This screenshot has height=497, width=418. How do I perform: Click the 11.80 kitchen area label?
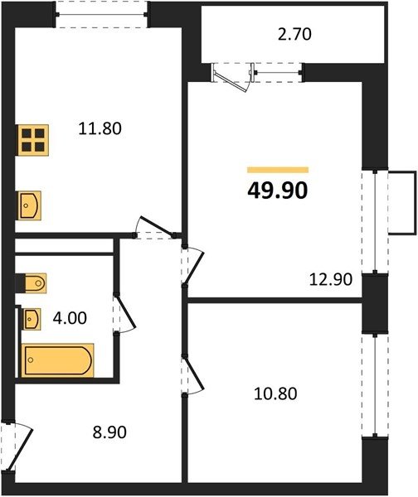click(100, 129)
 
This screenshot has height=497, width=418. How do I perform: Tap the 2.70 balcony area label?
click(294, 35)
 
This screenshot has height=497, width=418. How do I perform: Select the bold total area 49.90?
click(277, 191)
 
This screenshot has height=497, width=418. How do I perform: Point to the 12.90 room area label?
click(331, 280)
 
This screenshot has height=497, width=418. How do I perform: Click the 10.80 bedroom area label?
click(275, 394)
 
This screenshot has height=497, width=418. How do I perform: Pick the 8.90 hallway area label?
click(109, 432)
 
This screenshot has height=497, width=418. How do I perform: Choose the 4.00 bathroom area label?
click(70, 318)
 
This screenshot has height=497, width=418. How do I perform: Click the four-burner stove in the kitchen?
click(33, 140)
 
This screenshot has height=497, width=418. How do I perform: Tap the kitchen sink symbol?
click(29, 205)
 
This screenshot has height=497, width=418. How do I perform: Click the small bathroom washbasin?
click(32, 319)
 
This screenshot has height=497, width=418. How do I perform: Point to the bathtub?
click(57, 360)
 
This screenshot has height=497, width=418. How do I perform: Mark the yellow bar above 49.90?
click(278, 170)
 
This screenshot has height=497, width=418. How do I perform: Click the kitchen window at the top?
click(101, 14)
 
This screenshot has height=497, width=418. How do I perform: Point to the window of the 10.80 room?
click(375, 385)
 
